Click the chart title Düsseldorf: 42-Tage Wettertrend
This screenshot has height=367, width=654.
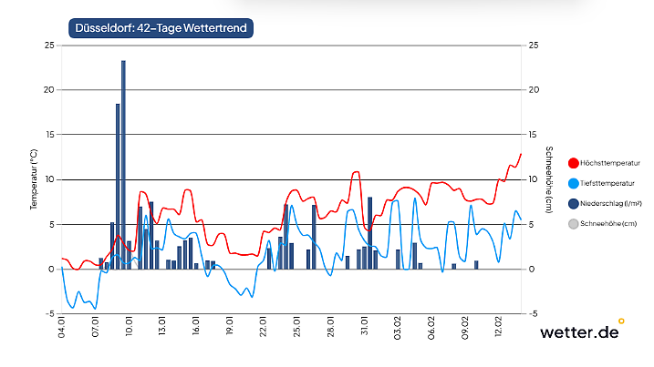[x=160, y=27]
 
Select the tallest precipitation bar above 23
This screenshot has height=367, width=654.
[x=123, y=164]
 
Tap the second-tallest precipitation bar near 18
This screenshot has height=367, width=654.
[x=118, y=187]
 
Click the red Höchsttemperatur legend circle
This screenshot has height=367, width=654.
[x=574, y=163]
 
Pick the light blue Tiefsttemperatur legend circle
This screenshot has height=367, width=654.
[x=574, y=183]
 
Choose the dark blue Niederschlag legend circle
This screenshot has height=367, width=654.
[x=574, y=203]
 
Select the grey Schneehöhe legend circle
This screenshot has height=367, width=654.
[x=574, y=223]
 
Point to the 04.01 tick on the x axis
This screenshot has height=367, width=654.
[x=62, y=328]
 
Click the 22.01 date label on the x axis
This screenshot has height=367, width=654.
[x=264, y=328]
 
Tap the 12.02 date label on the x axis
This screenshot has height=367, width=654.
[x=499, y=328]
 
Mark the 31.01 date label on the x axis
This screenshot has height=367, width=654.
[x=365, y=328]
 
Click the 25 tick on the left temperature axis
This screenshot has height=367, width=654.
[x=49, y=45]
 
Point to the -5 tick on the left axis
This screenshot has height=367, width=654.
[x=49, y=313]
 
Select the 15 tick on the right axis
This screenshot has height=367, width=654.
[x=534, y=134]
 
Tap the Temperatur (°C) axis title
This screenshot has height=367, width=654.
[x=34, y=178]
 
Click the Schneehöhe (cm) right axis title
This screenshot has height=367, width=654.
[x=548, y=178]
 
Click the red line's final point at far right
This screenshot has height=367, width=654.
[x=521, y=154]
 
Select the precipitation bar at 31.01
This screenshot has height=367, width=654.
[x=369, y=232]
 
